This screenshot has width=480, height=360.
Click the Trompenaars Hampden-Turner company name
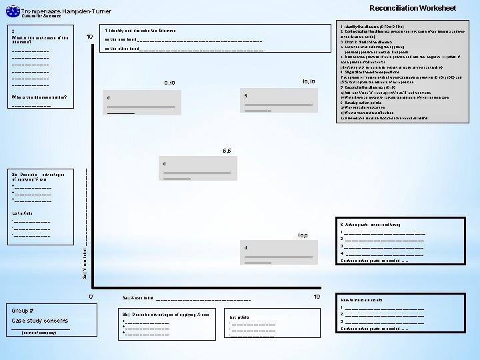click(x=67, y=11)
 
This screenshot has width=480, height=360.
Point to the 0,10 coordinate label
click(x=169, y=83)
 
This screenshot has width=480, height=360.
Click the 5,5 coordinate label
click(x=227, y=151)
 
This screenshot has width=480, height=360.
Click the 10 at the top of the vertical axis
click(x=89, y=36)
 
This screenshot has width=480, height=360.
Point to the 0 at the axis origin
click(x=91, y=296)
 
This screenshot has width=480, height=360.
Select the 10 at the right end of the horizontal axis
click(x=317, y=296)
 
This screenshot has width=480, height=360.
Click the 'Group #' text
click(x=23, y=310)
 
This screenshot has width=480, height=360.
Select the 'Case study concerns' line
click(x=39, y=320)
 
